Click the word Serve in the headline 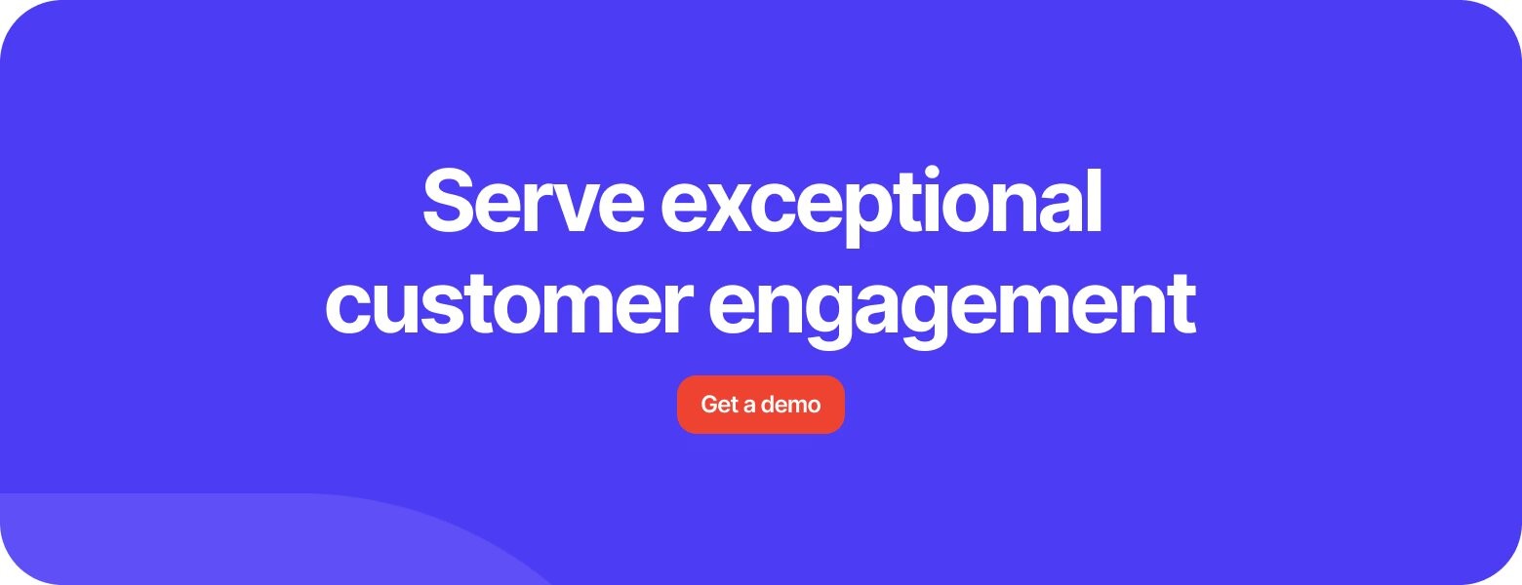pyautogui.click(x=534, y=200)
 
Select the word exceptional pyautogui.click(x=881, y=207)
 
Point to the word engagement pyautogui.click(x=952, y=309)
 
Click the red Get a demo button pyautogui.click(x=761, y=405)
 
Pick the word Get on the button pyautogui.click(x=720, y=405)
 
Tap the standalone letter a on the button pyautogui.click(x=749, y=407)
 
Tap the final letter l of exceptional pyautogui.click(x=1094, y=200)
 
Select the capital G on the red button pyautogui.click(x=710, y=405)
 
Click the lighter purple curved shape pyautogui.click(x=204, y=543)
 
